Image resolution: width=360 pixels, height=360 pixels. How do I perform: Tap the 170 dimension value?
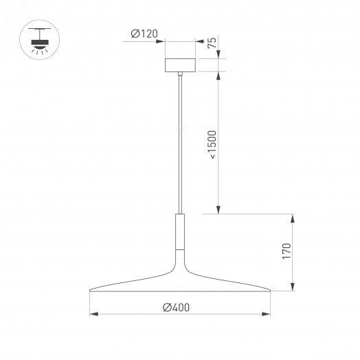[x=287, y=253]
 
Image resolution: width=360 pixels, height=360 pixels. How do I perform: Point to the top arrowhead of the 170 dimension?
[x=293, y=218]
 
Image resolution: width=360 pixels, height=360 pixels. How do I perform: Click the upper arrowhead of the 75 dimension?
[x=218, y=57]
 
